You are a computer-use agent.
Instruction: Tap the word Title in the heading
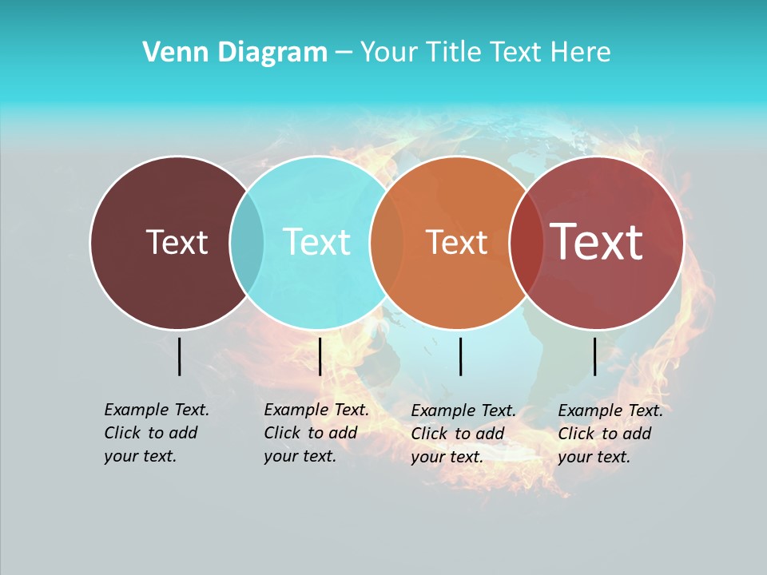[x=454, y=53]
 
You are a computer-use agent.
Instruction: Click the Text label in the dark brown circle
[x=177, y=242]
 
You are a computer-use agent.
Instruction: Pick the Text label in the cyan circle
[x=317, y=242]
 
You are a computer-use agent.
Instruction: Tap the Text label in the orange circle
[x=457, y=242]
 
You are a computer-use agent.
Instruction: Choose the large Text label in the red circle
[x=597, y=242]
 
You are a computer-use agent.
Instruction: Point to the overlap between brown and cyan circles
[x=247, y=242]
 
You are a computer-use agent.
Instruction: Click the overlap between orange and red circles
[x=526, y=242]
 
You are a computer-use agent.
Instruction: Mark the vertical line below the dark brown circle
[x=179, y=356]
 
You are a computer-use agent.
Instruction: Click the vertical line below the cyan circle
[x=320, y=356]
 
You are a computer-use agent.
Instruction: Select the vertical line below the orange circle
[x=460, y=356]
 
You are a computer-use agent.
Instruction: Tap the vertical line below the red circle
[x=594, y=356]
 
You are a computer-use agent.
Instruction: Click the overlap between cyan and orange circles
[x=387, y=242]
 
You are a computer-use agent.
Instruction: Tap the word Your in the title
[x=388, y=53]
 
